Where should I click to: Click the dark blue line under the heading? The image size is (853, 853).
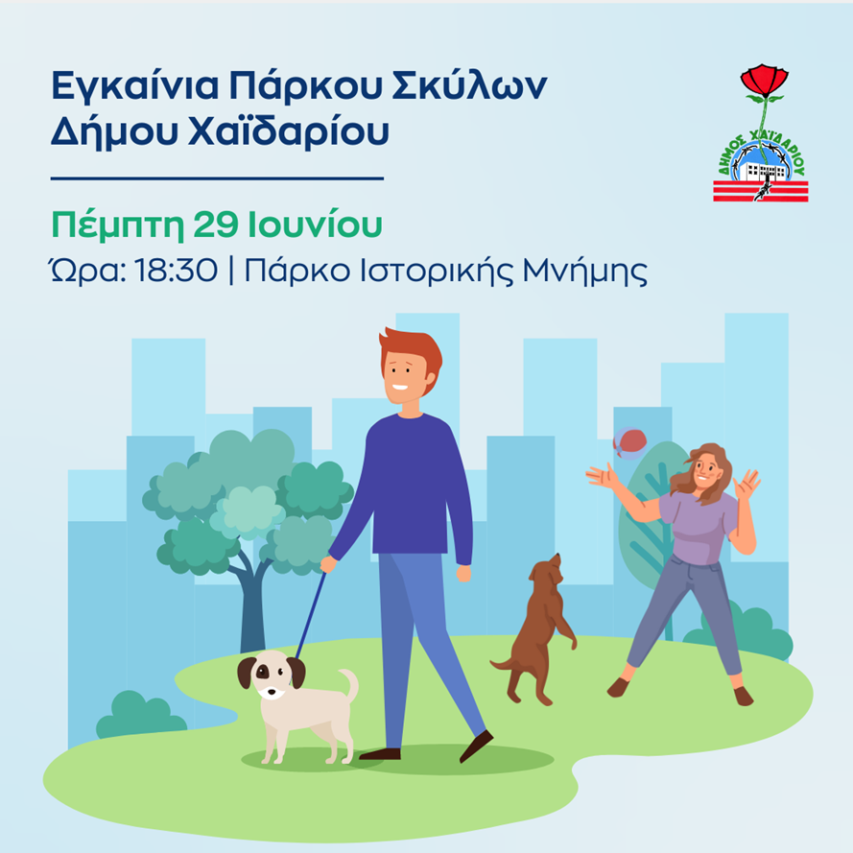216,178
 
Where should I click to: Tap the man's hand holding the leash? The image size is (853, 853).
328,564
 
